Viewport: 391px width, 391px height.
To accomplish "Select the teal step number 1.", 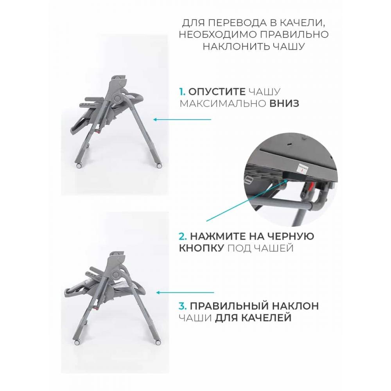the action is (182, 92).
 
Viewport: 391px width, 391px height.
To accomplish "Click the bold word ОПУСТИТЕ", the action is (217, 92).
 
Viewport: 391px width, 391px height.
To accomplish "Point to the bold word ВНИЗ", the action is (284, 103).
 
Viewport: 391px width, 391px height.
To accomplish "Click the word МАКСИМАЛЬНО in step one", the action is (223, 103).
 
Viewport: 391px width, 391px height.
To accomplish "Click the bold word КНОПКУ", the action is (201, 248).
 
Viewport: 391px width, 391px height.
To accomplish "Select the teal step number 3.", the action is (183, 306).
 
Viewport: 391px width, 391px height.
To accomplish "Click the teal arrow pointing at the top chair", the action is (182, 120).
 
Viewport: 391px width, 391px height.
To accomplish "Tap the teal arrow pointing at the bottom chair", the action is (185, 292).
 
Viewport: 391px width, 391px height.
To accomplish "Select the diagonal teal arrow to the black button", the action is (246, 201).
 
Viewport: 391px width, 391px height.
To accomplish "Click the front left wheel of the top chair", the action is (79, 165).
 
